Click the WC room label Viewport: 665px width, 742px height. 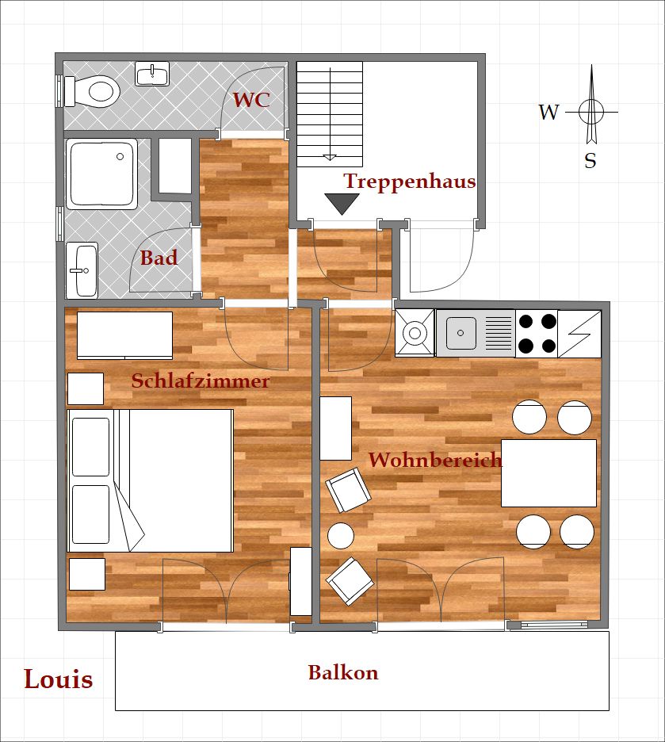point(251,99)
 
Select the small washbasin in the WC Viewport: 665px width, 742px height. point(152,74)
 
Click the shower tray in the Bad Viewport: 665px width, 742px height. point(101,174)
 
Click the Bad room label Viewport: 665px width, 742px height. point(159,258)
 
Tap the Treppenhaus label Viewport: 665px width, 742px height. point(410,182)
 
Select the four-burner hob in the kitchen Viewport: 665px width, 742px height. point(537,334)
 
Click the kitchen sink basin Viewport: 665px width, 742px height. point(461,333)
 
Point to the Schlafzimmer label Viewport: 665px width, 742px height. point(201,381)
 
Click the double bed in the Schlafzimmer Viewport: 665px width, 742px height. point(151,480)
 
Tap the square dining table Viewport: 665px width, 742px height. point(548,473)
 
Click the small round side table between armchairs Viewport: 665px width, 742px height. point(341,536)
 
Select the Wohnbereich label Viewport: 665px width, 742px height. point(434,460)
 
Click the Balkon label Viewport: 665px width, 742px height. point(343,672)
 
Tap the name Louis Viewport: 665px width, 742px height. point(59,679)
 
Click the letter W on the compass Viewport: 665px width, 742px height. point(548,112)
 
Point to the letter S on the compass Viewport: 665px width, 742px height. point(590,161)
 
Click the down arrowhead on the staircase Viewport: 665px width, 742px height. point(330,158)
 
